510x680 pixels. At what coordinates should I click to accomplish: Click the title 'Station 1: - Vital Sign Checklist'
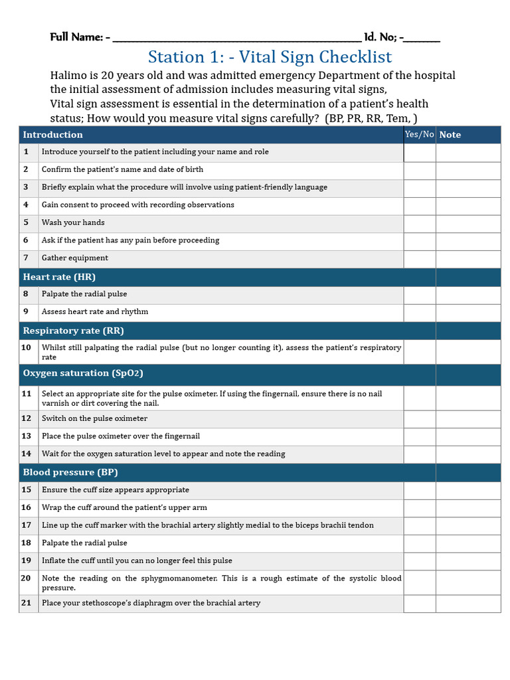pos(270,57)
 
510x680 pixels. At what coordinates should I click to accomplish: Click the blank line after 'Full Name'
pos(236,38)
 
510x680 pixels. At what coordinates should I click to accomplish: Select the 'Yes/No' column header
pos(419,135)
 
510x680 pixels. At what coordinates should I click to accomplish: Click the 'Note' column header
pos(450,135)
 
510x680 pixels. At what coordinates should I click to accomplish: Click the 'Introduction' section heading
pos(53,135)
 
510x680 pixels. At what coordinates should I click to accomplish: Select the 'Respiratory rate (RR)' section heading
pos(73,331)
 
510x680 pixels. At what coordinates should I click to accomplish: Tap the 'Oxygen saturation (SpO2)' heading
pos(83,373)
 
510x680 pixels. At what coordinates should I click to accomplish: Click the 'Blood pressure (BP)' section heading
pos(70,473)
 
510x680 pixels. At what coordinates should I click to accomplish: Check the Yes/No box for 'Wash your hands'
pos(419,223)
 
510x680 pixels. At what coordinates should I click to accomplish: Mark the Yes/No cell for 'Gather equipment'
pos(419,258)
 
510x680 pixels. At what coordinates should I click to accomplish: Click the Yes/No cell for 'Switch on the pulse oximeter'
pos(419,419)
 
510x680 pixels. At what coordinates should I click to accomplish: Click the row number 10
pos(27,347)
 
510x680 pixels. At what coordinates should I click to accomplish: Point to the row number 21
pos(27,603)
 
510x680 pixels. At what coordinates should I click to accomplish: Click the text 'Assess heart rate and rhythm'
pos(95,312)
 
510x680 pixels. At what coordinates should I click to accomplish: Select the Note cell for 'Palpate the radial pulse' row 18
pos(468,543)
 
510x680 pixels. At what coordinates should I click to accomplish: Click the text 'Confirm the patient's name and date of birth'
pos(122,170)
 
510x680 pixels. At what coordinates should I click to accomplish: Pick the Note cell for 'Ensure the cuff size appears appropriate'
pos(468,490)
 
